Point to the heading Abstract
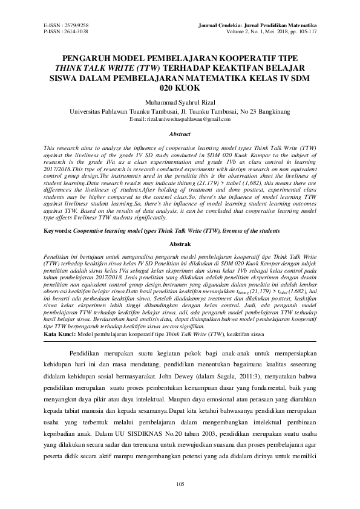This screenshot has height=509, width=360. pyautogui.click(x=180, y=134)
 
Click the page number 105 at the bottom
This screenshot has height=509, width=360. pyautogui.click(x=180, y=484)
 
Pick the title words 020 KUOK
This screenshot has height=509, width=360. pyautogui.click(x=180, y=88)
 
